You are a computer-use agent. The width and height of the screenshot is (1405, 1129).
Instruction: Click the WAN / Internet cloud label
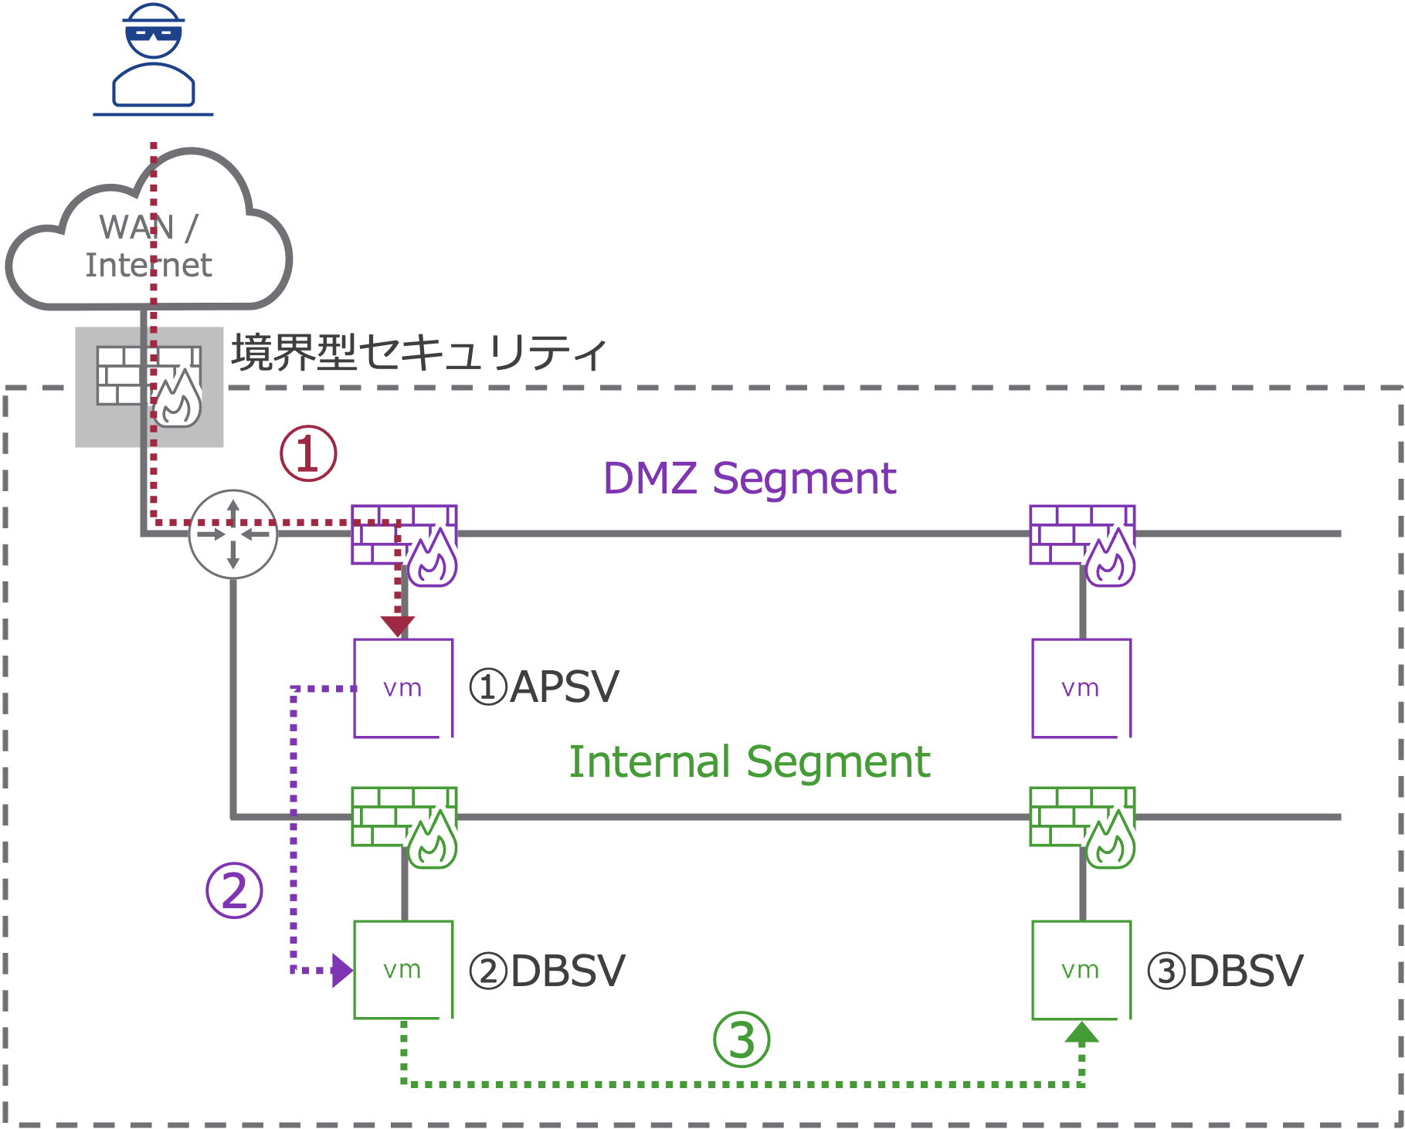(x=148, y=246)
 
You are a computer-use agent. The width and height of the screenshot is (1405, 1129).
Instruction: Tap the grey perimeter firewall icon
(x=149, y=386)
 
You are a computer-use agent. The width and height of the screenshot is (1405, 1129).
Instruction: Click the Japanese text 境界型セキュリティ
(x=418, y=353)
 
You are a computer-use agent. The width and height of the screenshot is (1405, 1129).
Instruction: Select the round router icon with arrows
(x=233, y=534)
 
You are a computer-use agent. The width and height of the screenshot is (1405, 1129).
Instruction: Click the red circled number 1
(x=308, y=453)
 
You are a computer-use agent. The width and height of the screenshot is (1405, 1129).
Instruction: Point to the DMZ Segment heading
(x=749, y=478)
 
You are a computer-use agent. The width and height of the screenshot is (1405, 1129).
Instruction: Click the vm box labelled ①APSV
(x=403, y=688)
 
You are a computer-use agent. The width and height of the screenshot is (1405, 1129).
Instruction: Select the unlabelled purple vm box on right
(x=1081, y=688)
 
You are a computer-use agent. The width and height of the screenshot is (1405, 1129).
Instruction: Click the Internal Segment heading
(x=749, y=762)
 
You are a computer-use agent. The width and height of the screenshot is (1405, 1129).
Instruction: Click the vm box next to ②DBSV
(x=403, y=970)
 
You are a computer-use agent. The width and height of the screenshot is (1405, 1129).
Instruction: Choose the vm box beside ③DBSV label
(x=1081, y=970)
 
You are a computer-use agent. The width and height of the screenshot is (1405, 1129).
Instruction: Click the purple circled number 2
(x=234, y=890)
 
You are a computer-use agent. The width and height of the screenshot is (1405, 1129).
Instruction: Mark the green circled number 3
(x=742, y=1039)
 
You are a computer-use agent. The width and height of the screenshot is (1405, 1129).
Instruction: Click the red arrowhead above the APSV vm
(x=398, y=626)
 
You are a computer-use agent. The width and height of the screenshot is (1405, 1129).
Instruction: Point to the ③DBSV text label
(x=1225, y=971)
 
